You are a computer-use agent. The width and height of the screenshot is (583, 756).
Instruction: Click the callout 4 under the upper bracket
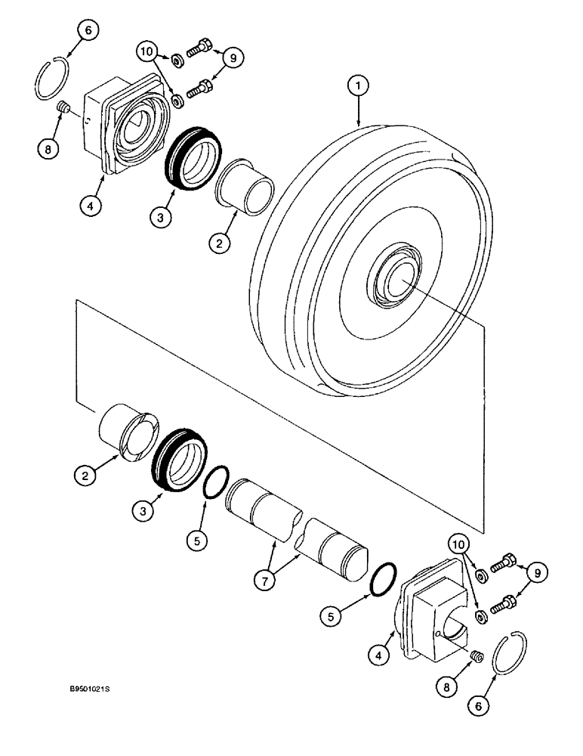(x=88, y=205)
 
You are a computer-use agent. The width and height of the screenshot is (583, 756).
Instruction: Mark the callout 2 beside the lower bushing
(x=85, y=476)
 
